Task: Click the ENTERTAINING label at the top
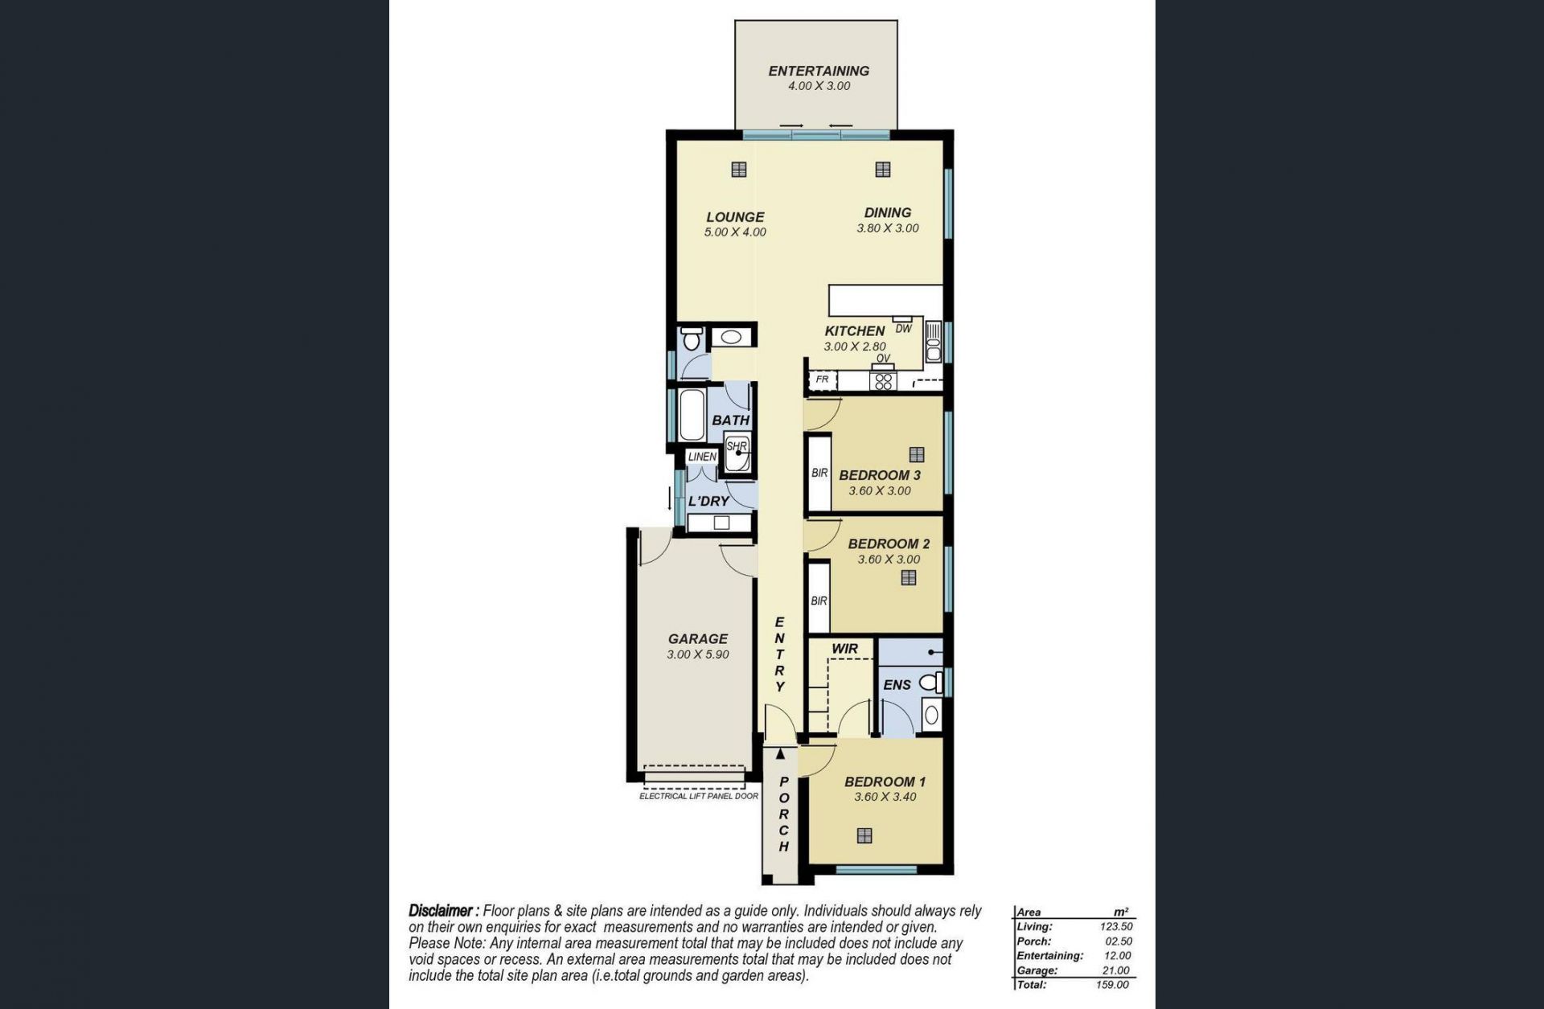point(819,71)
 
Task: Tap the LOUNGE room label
point(735,217)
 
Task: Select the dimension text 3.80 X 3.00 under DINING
point(888,228)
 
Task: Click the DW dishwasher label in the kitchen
point(904,329)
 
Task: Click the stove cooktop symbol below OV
point(883,380)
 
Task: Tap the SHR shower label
point(737,446)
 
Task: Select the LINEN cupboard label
point(702,457)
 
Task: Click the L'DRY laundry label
point(708,501)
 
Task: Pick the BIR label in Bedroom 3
point(819,474)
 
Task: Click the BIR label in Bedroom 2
point(819,601)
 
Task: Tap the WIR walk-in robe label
point(844,649)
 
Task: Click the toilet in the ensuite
point(931,683)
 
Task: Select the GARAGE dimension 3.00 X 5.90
point(698,655)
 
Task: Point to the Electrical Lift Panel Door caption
point(699,797)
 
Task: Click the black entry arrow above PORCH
point(780,754)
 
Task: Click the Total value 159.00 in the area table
point(1112,985)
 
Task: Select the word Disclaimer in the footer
point(441,912)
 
